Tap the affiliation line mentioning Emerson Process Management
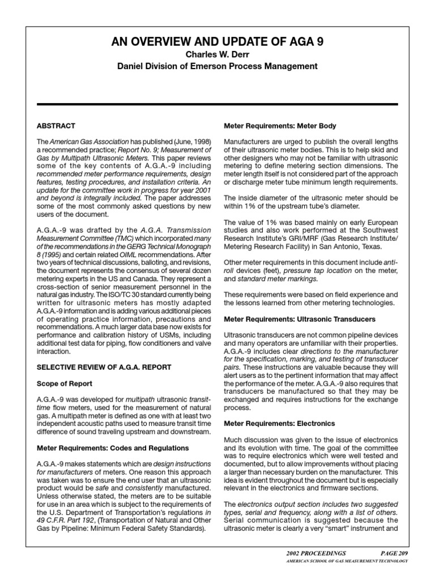coord(217,67)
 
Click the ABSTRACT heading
coord(56,125)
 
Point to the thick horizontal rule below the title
coord(217,104)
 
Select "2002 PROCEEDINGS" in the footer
coord(314,553)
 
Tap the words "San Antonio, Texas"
coord(351,246)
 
